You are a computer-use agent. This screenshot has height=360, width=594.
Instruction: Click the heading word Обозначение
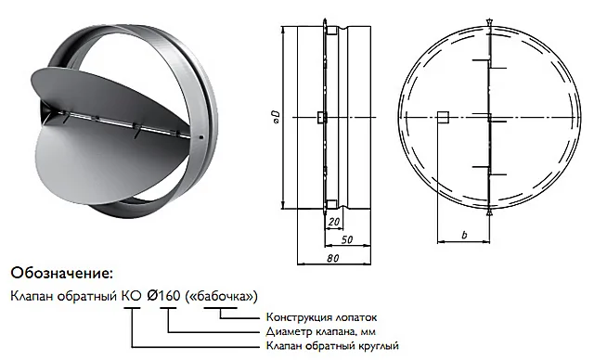click(x=62, y=274)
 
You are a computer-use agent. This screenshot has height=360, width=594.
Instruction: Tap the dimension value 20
click(x=334, y=222)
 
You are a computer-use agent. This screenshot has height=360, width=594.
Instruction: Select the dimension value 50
click(x=347, y=239)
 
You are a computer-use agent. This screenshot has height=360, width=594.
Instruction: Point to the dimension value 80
click(x=332, y=258)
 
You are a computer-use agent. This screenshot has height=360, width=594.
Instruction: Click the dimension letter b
click(x=464, y=235)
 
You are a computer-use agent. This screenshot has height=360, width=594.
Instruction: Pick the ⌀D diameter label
click(x=277, y=117)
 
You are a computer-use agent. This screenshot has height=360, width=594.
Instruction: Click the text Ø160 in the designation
click(x=163, y=296)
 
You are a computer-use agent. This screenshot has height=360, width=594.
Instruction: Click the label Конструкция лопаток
click(x=322, y=317)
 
